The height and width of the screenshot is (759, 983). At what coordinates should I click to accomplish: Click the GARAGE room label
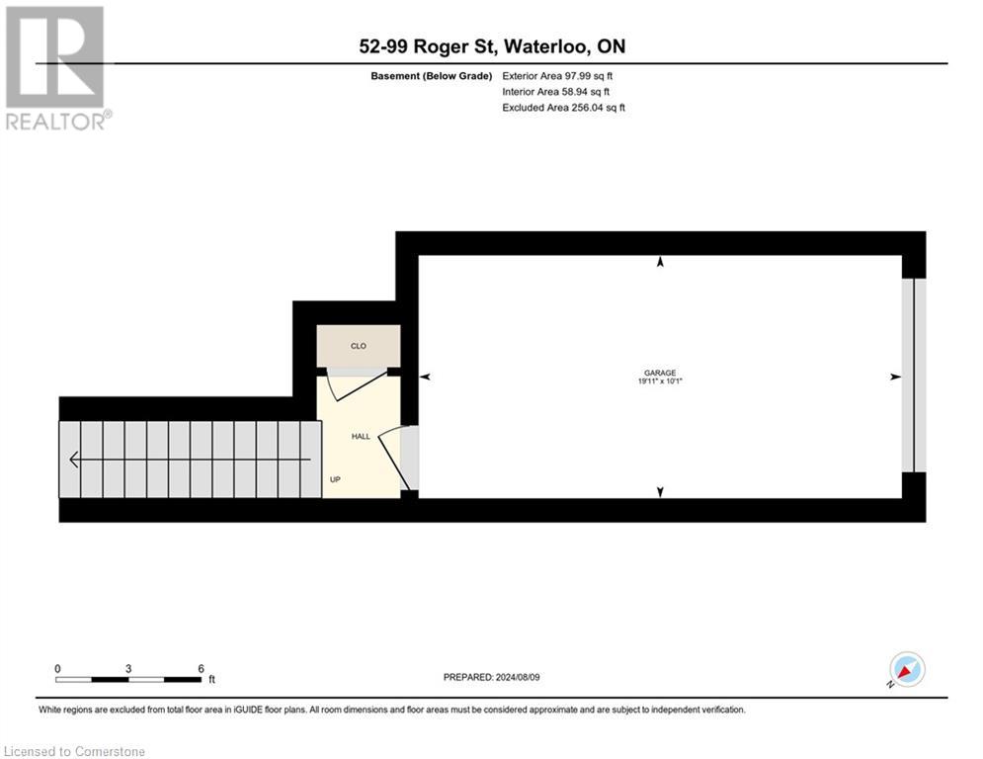click(x=661, y=373)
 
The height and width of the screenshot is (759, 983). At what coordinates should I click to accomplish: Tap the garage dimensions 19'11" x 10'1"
click(x=661, y=381)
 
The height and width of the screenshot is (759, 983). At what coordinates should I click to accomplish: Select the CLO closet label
click(x=358, y=347)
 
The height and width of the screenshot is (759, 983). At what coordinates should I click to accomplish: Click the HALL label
click(x=361, y=436)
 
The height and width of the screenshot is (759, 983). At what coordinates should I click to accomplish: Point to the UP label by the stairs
click(x=336, y=479)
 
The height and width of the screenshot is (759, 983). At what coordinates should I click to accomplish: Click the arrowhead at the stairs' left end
click(x=75, y=460)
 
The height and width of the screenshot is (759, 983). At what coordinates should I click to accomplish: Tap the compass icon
click(x=906, y=669)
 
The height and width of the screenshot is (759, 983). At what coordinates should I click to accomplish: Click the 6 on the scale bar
click(x=201, y=668)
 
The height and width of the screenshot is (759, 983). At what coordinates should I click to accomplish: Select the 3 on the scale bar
click(x=128, y=668)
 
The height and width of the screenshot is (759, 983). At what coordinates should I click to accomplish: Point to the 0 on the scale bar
click(x=57, y=668)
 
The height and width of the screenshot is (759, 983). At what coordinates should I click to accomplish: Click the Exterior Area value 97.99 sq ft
click(x=564, y=75)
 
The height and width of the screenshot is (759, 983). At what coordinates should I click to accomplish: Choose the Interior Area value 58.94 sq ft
click(x=563, y=92)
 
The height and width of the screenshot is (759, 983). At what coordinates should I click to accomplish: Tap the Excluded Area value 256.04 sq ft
click(x=564, y=108)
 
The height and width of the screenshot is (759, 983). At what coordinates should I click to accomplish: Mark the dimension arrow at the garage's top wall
click(x=660, y=263)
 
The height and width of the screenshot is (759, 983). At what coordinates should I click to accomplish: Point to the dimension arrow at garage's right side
click(x=895, y=377)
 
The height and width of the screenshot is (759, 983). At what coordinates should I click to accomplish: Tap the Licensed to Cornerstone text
click(x=74, y=751)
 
